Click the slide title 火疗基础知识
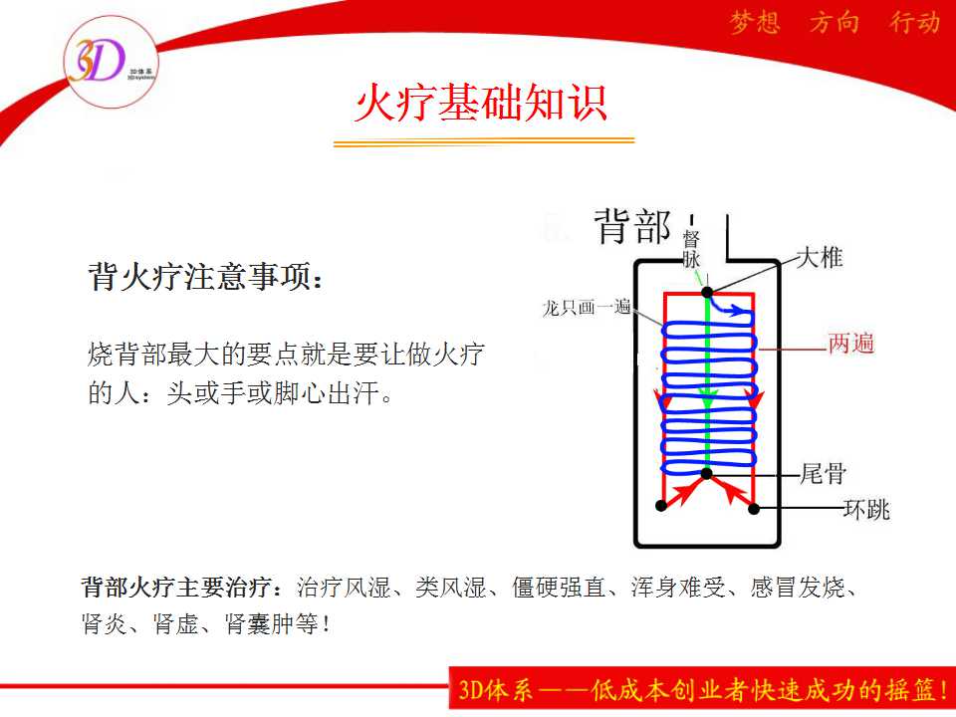481,103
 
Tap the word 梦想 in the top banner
755,23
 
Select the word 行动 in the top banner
914,23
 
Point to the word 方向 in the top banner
835,23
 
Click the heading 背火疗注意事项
205,277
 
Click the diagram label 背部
632,226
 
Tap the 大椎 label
820,257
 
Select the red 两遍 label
851,344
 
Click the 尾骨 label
824,473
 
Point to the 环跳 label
867,509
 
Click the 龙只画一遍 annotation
587,307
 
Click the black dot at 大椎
707,293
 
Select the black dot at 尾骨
707,474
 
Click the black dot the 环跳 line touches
754,509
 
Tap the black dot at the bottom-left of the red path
661,506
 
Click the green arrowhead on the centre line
707,401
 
